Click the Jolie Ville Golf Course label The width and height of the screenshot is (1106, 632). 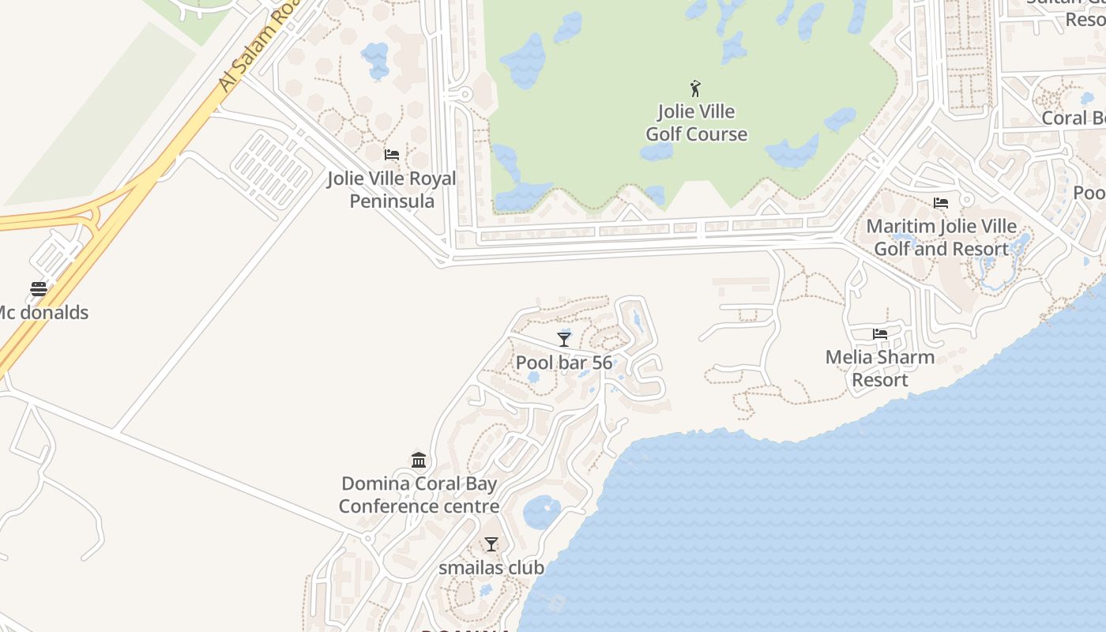click(696, 122)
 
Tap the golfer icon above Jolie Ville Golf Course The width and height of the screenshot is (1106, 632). click(695, 88)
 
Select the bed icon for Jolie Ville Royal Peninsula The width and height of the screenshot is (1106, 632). click(391, 154)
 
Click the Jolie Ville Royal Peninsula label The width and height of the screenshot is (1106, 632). click(392, 190)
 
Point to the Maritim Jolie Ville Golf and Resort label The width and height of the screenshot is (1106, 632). click(941, 237)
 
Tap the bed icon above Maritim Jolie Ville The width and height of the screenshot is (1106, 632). click(940, 203)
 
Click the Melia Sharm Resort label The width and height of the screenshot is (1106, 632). click(879, 368)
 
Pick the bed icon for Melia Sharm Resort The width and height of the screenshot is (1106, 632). click(879, 334)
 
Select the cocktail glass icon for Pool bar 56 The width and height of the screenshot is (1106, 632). click(564, 339)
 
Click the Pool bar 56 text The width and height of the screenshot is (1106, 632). click(564, 363)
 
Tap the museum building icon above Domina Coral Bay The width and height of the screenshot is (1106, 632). click(419, 460)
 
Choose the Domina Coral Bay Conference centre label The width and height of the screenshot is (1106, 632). click(419, 495)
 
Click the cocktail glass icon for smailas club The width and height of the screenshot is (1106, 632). click(491, 544)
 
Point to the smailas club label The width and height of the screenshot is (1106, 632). click(491, 567)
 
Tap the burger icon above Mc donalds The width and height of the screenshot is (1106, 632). click(39, 288)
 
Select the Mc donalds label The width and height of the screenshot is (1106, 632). click(43, 312)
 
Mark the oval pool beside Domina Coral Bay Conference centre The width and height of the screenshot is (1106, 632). click(542, 512)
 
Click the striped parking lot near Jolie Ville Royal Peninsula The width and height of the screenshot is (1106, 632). click(272, 167)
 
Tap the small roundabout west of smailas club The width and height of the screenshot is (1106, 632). click(367, 538)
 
